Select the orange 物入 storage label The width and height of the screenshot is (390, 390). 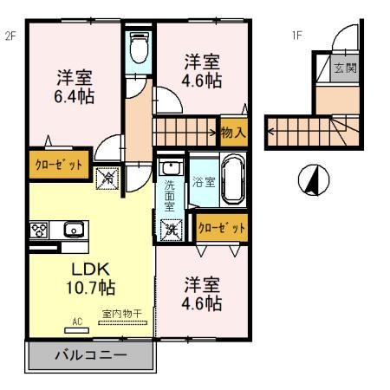232,133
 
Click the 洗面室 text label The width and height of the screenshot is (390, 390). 170,194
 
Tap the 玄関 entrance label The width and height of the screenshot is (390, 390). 345,68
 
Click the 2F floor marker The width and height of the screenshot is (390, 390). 11,36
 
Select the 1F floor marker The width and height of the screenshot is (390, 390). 297,36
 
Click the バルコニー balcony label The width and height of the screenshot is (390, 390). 90,355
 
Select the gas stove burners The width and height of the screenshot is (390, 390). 39,231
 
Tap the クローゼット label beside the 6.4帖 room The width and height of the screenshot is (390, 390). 58,163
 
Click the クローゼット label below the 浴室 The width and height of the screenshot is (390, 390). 221,228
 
